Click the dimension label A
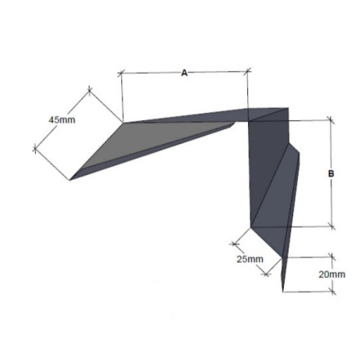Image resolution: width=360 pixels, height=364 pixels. click(184, 74)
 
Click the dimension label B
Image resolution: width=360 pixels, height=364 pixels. click(331, 173)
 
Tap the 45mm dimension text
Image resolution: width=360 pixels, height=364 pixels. click(61, 120)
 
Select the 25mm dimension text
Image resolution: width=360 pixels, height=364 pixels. click(250, 259)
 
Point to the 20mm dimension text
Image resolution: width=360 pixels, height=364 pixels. click(331, 275)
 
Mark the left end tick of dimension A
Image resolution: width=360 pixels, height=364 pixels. click(121, 74)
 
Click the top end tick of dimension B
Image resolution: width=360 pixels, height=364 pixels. click(331, 120)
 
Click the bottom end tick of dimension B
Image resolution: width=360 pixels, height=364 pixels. click(331, 227)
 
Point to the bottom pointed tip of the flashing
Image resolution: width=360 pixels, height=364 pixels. click(283, 290)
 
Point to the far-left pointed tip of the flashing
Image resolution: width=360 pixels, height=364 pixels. click(70, 178)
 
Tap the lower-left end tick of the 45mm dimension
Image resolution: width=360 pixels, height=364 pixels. click(35, 148)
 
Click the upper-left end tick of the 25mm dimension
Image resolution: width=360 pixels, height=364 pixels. click(234, 243)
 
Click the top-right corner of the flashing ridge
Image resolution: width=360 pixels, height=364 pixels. click(288, 108)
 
